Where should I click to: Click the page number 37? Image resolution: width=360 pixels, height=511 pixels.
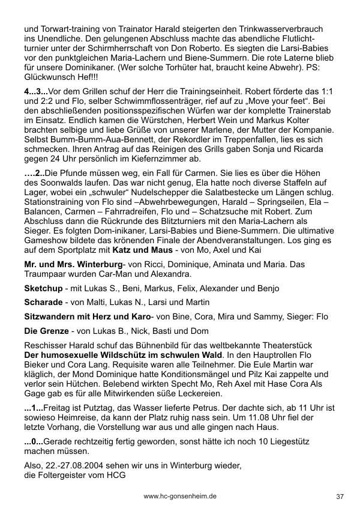coord(340,496)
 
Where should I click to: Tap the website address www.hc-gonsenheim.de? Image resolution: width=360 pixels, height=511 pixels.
coord(180,496)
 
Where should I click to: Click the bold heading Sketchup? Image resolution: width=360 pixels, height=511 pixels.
coord(43,288)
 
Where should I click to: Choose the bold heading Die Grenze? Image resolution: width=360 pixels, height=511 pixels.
coord(46,330)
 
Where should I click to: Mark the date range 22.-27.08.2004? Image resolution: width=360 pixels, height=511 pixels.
coord(79,465)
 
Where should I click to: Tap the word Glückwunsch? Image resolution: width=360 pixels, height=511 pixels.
coord(52,76)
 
